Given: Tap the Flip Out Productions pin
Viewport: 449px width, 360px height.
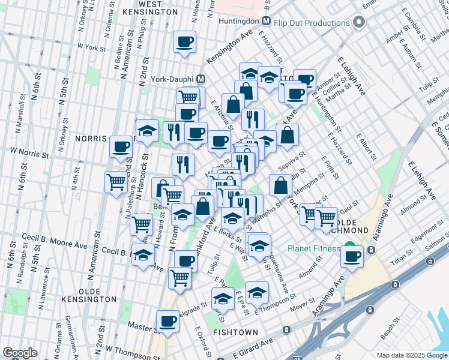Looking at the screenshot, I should (x=359, y=23).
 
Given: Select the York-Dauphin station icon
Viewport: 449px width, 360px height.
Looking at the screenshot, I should (x=201, y=79).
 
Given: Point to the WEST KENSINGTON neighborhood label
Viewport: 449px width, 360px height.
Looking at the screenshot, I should (x=150, y=8).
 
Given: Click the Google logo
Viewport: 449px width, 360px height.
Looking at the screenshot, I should (x=20, y=353).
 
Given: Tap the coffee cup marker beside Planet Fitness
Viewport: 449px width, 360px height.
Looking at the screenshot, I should (x=352, y=256).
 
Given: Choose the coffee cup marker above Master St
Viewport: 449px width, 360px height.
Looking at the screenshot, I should (x=167, y=320).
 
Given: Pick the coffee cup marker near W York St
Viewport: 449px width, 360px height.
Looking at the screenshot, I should (x=184, y=41).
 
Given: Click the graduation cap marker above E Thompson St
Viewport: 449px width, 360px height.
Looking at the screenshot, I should (x=257, y=292).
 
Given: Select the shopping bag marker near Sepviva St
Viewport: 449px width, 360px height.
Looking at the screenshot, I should (x=280, y=185).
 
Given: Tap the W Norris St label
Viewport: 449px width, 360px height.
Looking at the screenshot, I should (x=29, y=152).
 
